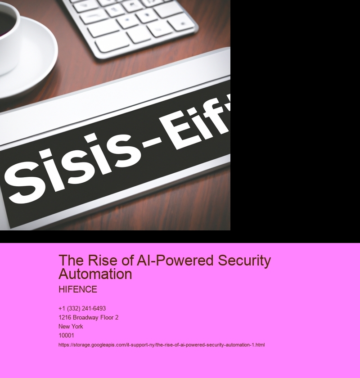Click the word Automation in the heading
click(x=95, y=274)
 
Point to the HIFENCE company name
click(x=78, y=289)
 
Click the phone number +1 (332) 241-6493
click(x=82, y=309)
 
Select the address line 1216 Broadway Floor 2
click(x=89, y=318)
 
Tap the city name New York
click(x=71, y=326)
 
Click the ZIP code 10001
click(x=66, y=335)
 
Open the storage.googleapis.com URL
click(x=162, y=345)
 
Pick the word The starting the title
click(x=72, y=261)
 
